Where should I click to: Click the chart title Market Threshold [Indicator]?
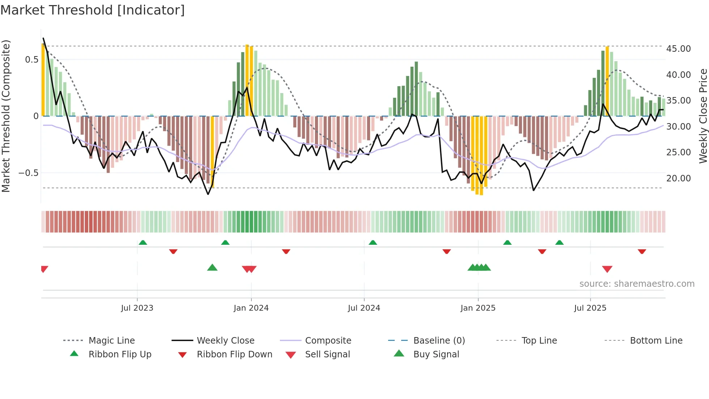click(x=93, y=10)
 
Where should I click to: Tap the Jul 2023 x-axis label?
click(x=137, y=308)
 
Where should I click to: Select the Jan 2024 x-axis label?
click(x=251, y=308)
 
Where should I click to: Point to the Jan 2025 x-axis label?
click(x=478, y=308)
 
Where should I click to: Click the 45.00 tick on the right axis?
click(x=678, y=49)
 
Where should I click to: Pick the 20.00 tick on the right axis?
click(x=678, y=178)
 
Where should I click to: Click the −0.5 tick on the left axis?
click(x=29, y=173)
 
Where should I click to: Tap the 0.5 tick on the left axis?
click(x=32, y=60)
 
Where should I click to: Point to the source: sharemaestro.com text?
click(x=637, y=284)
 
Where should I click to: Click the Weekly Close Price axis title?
click(x=703, y=116)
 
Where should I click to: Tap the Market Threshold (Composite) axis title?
click(x=6, y=116)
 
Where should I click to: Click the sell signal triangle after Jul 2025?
click(x=607, y=269)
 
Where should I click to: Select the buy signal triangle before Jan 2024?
click(x=212, y=268)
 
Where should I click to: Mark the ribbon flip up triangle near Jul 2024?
click(x=373, y=242)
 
